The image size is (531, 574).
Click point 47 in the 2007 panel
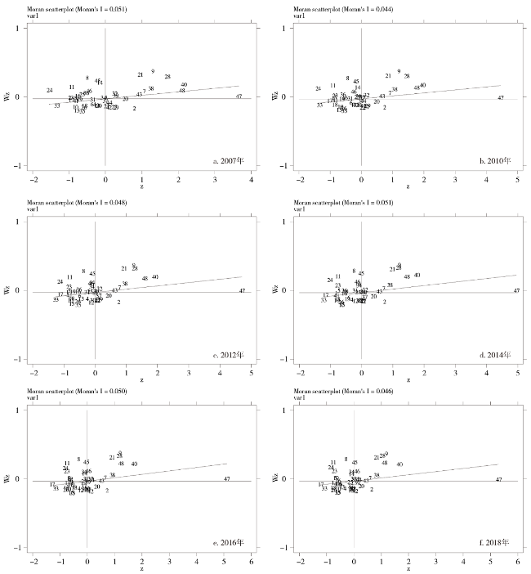coord(239,96)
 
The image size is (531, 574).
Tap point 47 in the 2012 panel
coord(242,291)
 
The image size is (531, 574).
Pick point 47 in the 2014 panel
coord(515,290)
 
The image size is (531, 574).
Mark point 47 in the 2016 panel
coord(226,479)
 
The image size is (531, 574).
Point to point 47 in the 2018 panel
coord(498,479)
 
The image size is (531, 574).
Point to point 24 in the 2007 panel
coord(50,90)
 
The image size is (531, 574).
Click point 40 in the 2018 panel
coord(399,464)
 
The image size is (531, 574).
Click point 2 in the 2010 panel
coord(384,108)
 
